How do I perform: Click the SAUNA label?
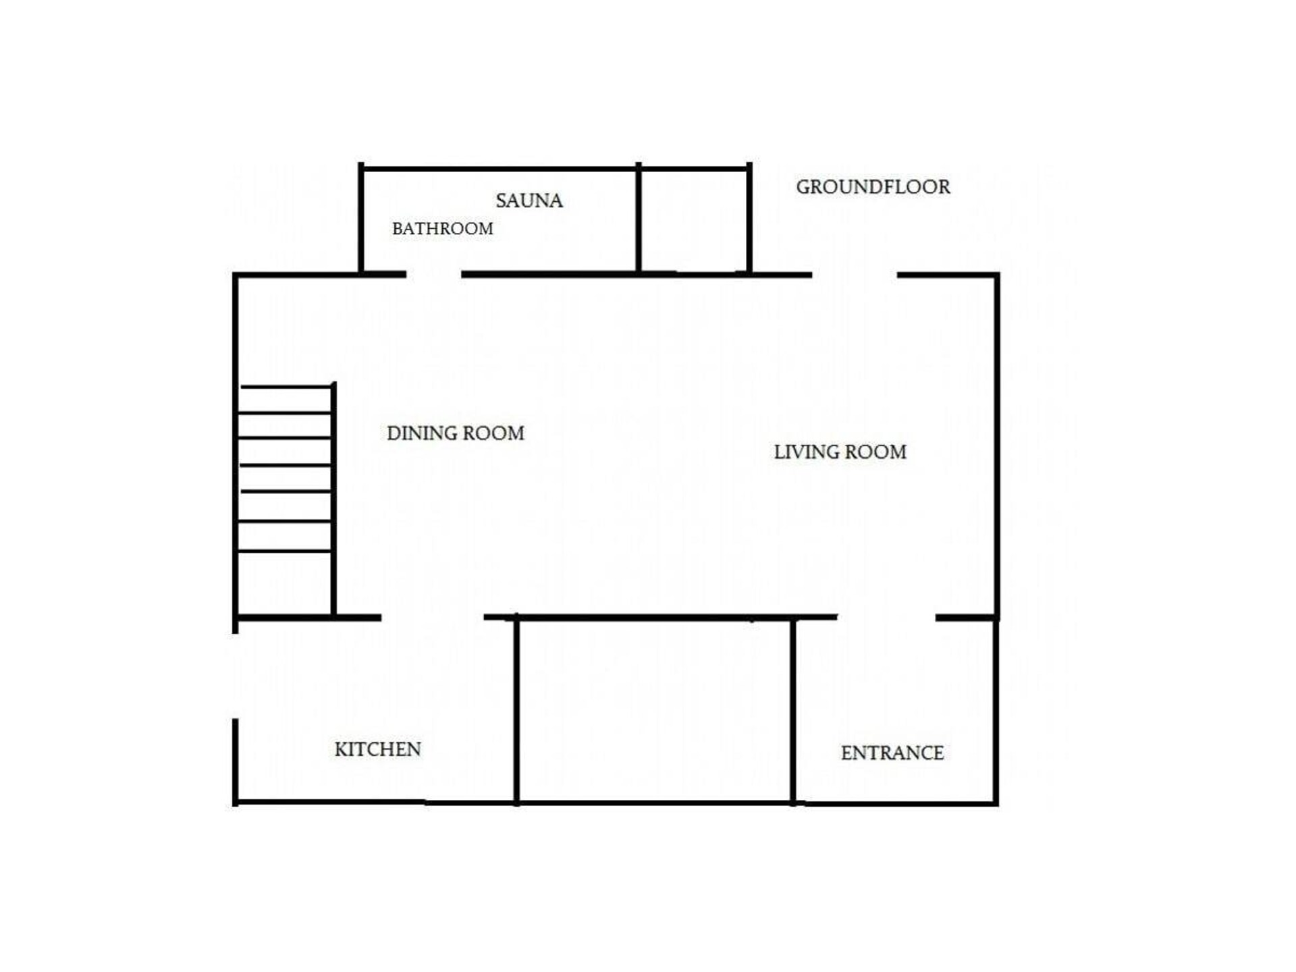coord(529,200)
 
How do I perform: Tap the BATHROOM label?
coord(443,229)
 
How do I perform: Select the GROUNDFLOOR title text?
coord(873,187)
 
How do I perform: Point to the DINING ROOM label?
coord(456,433)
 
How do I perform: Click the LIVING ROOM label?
coord(840,452)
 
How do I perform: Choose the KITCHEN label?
coord(378,749)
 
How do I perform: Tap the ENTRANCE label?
coord(892,753)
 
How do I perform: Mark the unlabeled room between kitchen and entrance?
coord(655,710)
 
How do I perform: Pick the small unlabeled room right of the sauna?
coord(694,220)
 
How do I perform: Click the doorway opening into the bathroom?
coord(434,275)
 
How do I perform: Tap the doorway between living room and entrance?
coord(886,618)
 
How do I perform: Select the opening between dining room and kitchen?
coord(433,618)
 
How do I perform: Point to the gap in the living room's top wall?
coord(855,275)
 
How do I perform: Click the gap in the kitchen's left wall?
coord(235,676)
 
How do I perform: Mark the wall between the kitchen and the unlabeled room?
coord(516,709)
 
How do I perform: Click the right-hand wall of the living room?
coord(996,446)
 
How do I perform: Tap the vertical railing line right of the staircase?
coord(333,500)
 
